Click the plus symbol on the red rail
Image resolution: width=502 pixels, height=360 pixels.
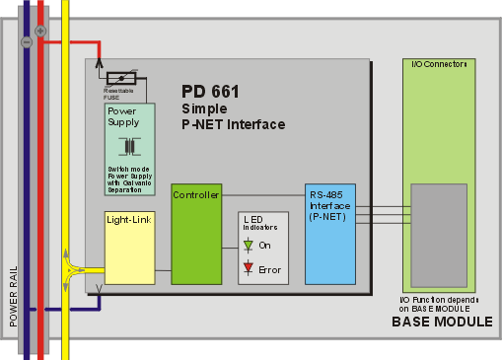coord(39,32)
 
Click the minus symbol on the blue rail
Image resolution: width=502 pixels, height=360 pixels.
coord(27,42)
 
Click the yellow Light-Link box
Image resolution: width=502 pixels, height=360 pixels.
coord(129,247)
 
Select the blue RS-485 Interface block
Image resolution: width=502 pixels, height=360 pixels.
coord(329,233)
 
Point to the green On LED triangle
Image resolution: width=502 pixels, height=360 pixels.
coord(250,246)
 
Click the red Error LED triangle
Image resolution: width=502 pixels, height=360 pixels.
coord(250,266)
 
